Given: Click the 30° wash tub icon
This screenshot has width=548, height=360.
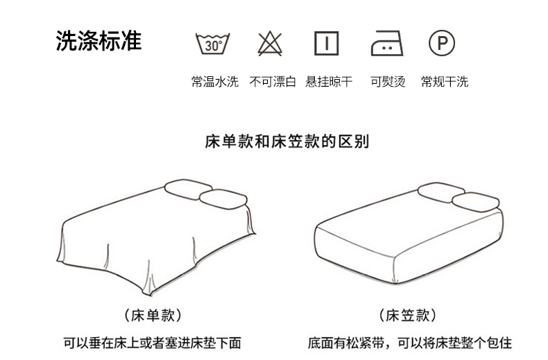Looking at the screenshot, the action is coord(212,44).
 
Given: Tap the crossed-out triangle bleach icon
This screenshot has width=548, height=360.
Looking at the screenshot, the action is coord(270,44).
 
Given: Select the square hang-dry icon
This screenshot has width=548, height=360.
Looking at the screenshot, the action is coord(327,43).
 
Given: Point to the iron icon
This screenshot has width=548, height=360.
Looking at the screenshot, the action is coord(387,43).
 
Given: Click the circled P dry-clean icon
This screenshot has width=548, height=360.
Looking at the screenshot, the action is coord(442,43).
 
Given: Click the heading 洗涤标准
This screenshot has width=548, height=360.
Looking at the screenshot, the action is coord(99,41).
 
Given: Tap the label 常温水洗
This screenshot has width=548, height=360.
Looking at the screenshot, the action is coord(215,82).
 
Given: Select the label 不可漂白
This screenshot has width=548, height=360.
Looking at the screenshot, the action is coord(273,82).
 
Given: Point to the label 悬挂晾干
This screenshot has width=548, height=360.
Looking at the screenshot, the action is coord(329,82).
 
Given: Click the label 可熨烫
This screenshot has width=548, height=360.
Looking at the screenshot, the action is coord(388,82).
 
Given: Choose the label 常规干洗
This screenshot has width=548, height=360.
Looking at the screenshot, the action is coord(445,82).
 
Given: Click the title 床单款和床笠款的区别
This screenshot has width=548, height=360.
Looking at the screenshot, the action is coord(287,142).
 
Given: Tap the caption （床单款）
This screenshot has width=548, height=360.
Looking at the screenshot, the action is coord(153,316).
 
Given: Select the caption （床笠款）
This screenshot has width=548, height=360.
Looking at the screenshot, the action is coord(407,316).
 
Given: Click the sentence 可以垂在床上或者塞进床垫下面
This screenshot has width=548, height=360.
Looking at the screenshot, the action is coord(153,343).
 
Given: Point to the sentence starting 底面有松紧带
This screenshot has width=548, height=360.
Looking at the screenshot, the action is coord(409,343).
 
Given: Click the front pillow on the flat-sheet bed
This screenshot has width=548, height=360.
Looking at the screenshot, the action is coord(223,199).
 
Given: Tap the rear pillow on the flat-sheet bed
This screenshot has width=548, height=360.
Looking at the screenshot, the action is coord(188,189).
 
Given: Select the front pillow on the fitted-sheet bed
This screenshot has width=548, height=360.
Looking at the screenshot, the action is coord(476,202).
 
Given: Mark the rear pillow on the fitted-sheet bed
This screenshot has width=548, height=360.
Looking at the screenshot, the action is coord(441,192).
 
